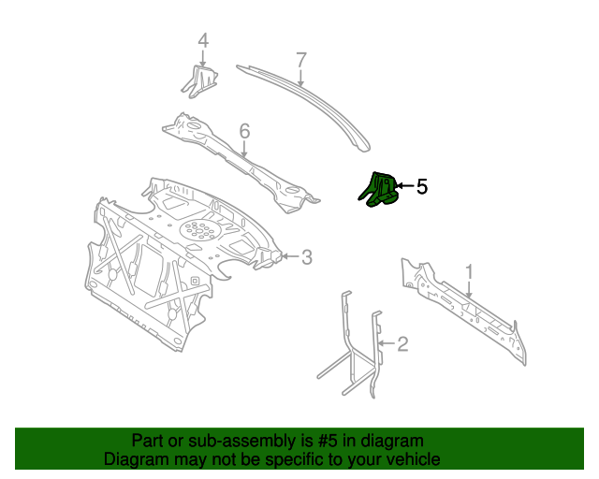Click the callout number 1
click(470, 271)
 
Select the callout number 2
click(402, 344)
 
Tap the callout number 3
click(306, 256)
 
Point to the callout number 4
click(202, 41)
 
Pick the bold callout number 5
click(421, 186)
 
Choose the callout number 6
click(244, 132)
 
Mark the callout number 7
click(300, 60)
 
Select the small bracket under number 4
click(198, 80)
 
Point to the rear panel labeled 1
click(468, 309)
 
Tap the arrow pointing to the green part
click(403, 186)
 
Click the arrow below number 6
click(244, 150)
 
